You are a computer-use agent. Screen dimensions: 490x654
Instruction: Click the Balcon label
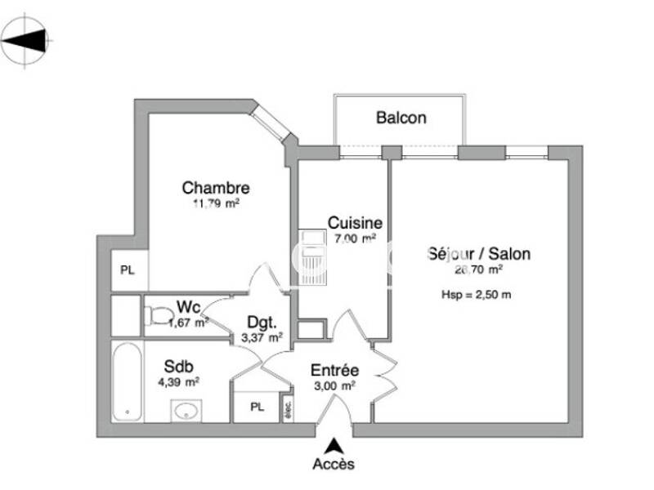[x=401, y=118]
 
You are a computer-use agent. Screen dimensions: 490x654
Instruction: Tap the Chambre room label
[x=216, y=188]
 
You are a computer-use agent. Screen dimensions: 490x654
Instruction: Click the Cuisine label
[x=355, y=222]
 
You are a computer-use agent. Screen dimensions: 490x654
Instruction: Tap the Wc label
[x=189, y=307]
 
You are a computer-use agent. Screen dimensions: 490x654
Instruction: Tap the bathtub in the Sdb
[x=127, y=381]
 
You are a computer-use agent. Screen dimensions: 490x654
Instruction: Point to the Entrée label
[x=334, y=370]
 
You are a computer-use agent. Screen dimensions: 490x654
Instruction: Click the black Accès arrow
[x=334, y=446]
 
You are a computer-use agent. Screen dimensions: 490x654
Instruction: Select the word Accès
[x=334, y=464]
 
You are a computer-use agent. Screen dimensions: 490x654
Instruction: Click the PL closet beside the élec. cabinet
[x=258, y=407]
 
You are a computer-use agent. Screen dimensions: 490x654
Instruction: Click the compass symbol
[x=26, y=40]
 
